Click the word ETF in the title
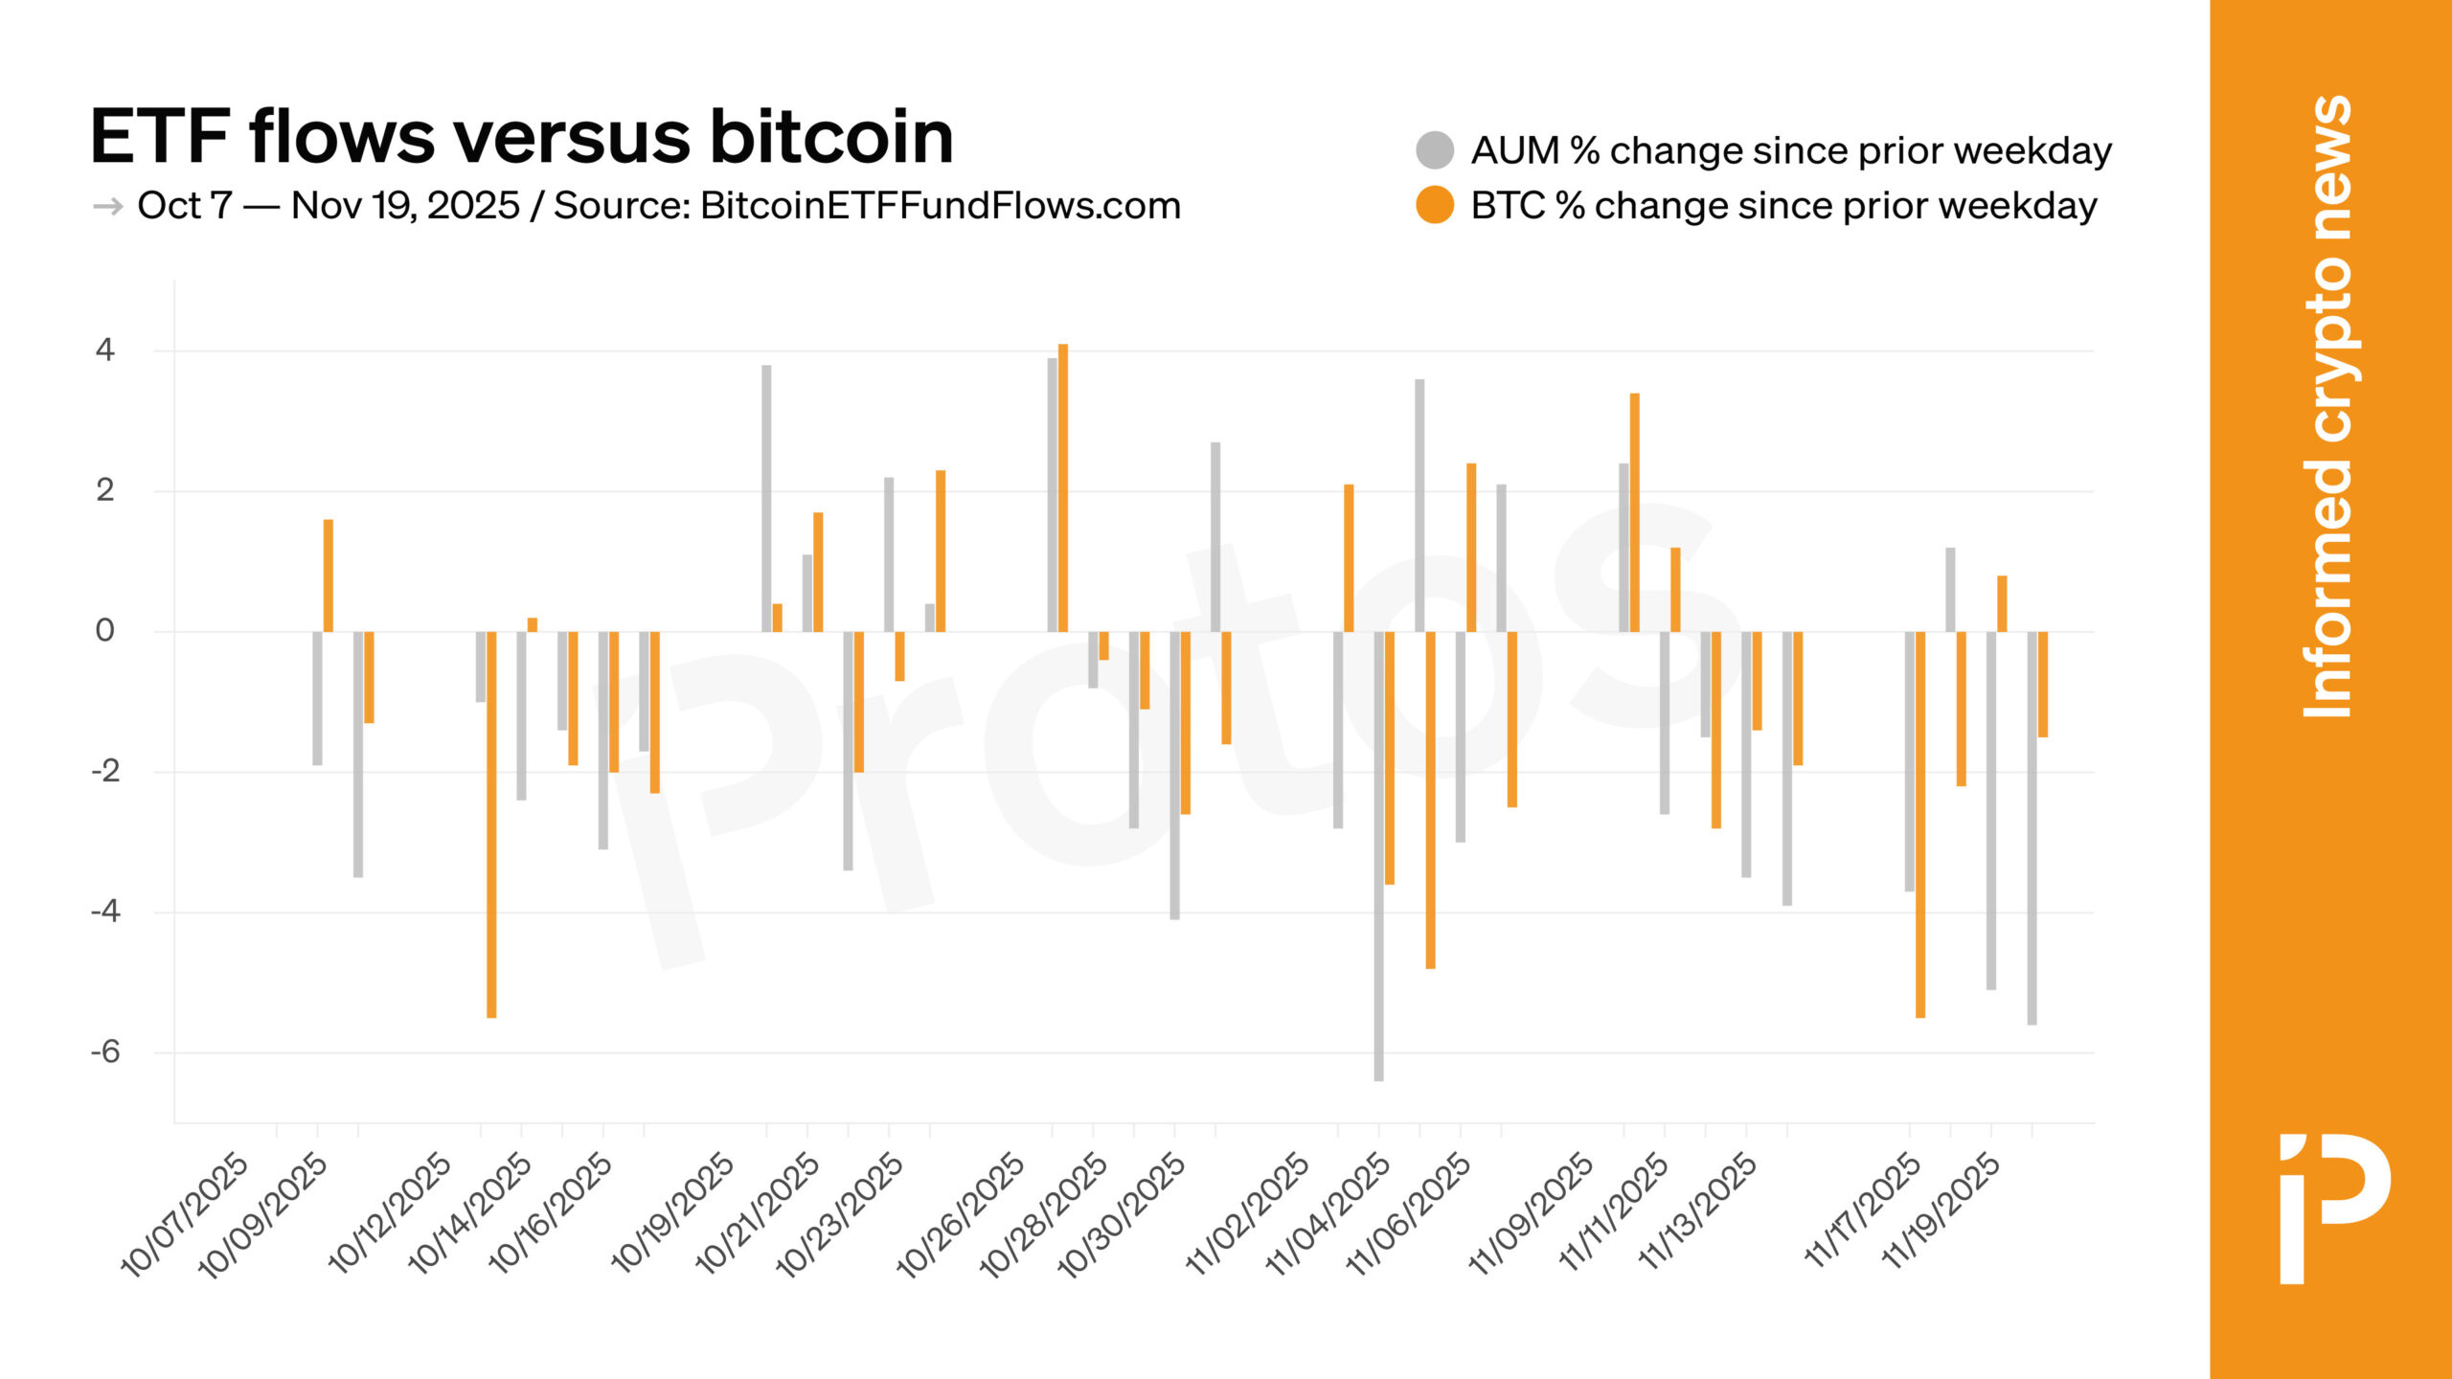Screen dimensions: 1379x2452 click(x=160, y=137)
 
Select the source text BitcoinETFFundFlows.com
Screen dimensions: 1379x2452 click(x=940, y=206)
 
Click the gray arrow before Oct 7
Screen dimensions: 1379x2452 click(x=107, y=207)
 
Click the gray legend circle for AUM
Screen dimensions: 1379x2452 click(x=1434, y=150)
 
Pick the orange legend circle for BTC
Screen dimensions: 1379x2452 click(x=1434, y=205)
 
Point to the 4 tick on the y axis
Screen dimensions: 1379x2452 click(x=105, y=350)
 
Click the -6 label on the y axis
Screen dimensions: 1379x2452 click(x=105, y=1052)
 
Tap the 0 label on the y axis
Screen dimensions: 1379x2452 click(x=105, y=631)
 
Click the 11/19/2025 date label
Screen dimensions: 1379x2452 click(x=1941, y=1212)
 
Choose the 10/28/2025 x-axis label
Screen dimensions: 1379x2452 click(x=1045, y=1214)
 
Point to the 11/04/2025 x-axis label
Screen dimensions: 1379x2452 click(x=1329, y=1214)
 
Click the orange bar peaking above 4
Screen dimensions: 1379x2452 click(x=1063, y=488)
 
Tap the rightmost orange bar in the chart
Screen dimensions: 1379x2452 click(x=2043, y=684)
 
